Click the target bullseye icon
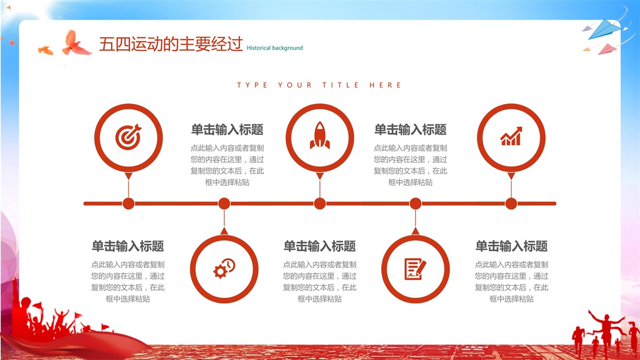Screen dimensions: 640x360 [129, 137]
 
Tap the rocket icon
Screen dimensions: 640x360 [319, 135]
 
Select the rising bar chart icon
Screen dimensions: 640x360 [511, 137]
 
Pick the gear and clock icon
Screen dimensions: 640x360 [225, 268]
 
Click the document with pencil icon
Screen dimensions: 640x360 [415, 269]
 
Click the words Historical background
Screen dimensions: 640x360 [275, 48]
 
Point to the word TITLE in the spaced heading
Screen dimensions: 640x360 [341, 85]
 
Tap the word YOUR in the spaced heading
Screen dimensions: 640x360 [295, 85]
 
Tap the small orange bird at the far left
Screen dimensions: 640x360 [45, 50]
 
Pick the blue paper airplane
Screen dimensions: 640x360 [603, 30]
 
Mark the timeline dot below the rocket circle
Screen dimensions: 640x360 [319, 204]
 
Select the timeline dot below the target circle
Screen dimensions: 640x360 [129, 204]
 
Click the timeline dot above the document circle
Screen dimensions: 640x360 [415, 204]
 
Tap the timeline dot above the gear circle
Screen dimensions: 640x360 [225, 204]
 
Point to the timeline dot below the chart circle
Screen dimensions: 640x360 [511, 204]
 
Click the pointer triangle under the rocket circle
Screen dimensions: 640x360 [319, 175]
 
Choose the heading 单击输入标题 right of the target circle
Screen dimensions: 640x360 [227, 130]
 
